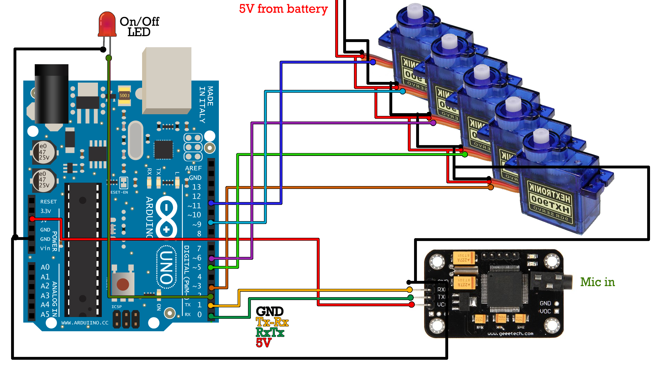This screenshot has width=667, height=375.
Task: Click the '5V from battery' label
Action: pyautogui.click(x=283, y=9)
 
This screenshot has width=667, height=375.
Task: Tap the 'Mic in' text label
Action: pyautogui.click(x=597, y=282)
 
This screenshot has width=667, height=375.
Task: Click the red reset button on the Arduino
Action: pyautogui.click(x=123, y=284)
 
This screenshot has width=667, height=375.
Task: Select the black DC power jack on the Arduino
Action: pyautogui.click(x=51, y=94)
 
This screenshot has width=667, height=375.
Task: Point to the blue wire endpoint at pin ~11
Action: pyautogui.click(x=211, y=203)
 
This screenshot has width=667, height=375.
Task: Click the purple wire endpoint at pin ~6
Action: pyautogui.click(x=211, y=258)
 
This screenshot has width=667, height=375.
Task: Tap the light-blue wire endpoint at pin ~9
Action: pyautogui.click(x=211, y=222)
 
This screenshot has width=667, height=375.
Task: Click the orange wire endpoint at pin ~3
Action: pyautogui.click(x=211, y=287)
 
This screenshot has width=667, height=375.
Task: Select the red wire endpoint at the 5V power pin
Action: pyautogui.click(x=32, y=219)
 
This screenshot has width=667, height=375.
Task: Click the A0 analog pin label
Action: pyautogui.click(x=45, y=267)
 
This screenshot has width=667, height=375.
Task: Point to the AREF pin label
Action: pyautogui.click(x=193, y=168)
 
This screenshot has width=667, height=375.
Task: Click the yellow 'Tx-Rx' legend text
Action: pyautogui.click(x=272, y=322)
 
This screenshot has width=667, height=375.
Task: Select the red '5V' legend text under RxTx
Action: pyautogui.click(x=263, y=343)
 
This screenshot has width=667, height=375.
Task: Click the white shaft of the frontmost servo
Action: pyautogui.click(x=541, y=136)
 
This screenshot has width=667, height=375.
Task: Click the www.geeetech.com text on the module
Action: pyautogui.click(x=510, y=334)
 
